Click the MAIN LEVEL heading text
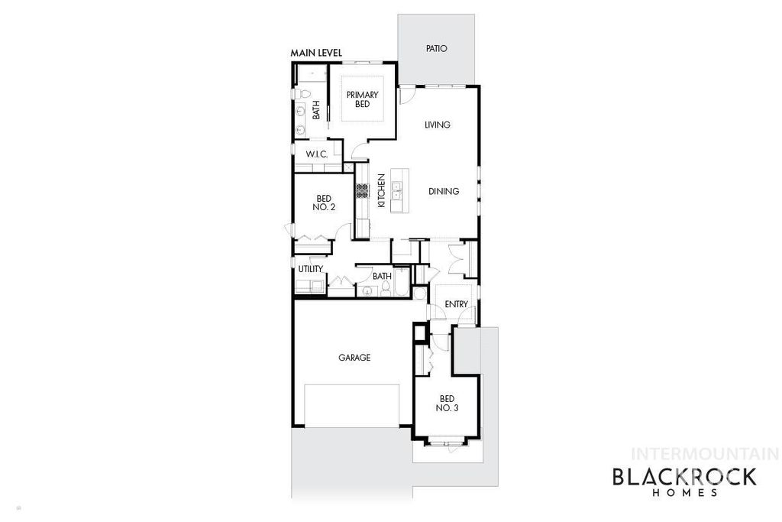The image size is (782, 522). (316, 53)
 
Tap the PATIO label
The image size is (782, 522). (436, 48)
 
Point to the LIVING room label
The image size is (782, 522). (438, 125)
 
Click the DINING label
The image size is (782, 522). (443, 191)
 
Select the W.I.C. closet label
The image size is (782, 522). (317, 154)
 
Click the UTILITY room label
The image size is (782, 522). (311, 267)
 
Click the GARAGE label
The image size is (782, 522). (354, 357)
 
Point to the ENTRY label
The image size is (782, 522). (456, 304)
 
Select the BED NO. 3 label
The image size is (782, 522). (448, 403)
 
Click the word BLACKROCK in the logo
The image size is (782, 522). (685, 477)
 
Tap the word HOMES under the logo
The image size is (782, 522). (685, 494)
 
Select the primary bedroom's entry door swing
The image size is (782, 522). (357, 151)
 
